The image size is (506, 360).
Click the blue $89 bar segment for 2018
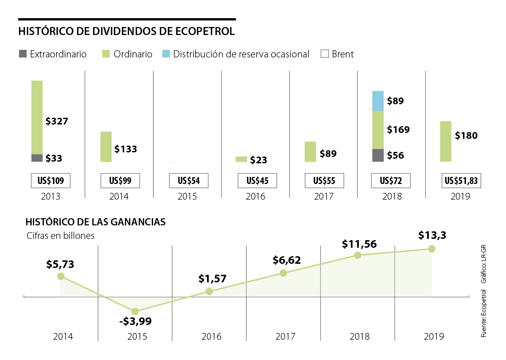tap(378, 101)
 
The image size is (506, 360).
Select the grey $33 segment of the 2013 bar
tap(37, 158)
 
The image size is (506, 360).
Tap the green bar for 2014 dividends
tap(106, 146)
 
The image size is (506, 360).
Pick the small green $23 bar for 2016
tap(241, 159)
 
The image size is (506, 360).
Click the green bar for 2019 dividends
tap(446, 141)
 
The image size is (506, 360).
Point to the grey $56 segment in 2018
tap(378, 155)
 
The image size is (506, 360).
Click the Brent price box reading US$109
tap(51, 181)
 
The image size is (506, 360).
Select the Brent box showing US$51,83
tap(461, 181)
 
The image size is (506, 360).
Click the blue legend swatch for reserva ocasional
tap(166, 54)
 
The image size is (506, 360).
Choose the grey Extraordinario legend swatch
tap(22, 54)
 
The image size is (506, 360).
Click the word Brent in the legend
tap(342, 54)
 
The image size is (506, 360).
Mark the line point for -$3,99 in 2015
tap(135, 311)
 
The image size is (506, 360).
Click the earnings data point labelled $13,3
tap(431, 249)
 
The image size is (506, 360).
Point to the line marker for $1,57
tap(209, 291)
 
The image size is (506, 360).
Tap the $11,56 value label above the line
tap(359, 244)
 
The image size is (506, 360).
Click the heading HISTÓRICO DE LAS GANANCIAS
tap(95, 222)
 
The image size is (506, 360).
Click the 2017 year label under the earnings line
tap(285, 336)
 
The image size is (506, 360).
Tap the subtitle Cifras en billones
tap(60, 235)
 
